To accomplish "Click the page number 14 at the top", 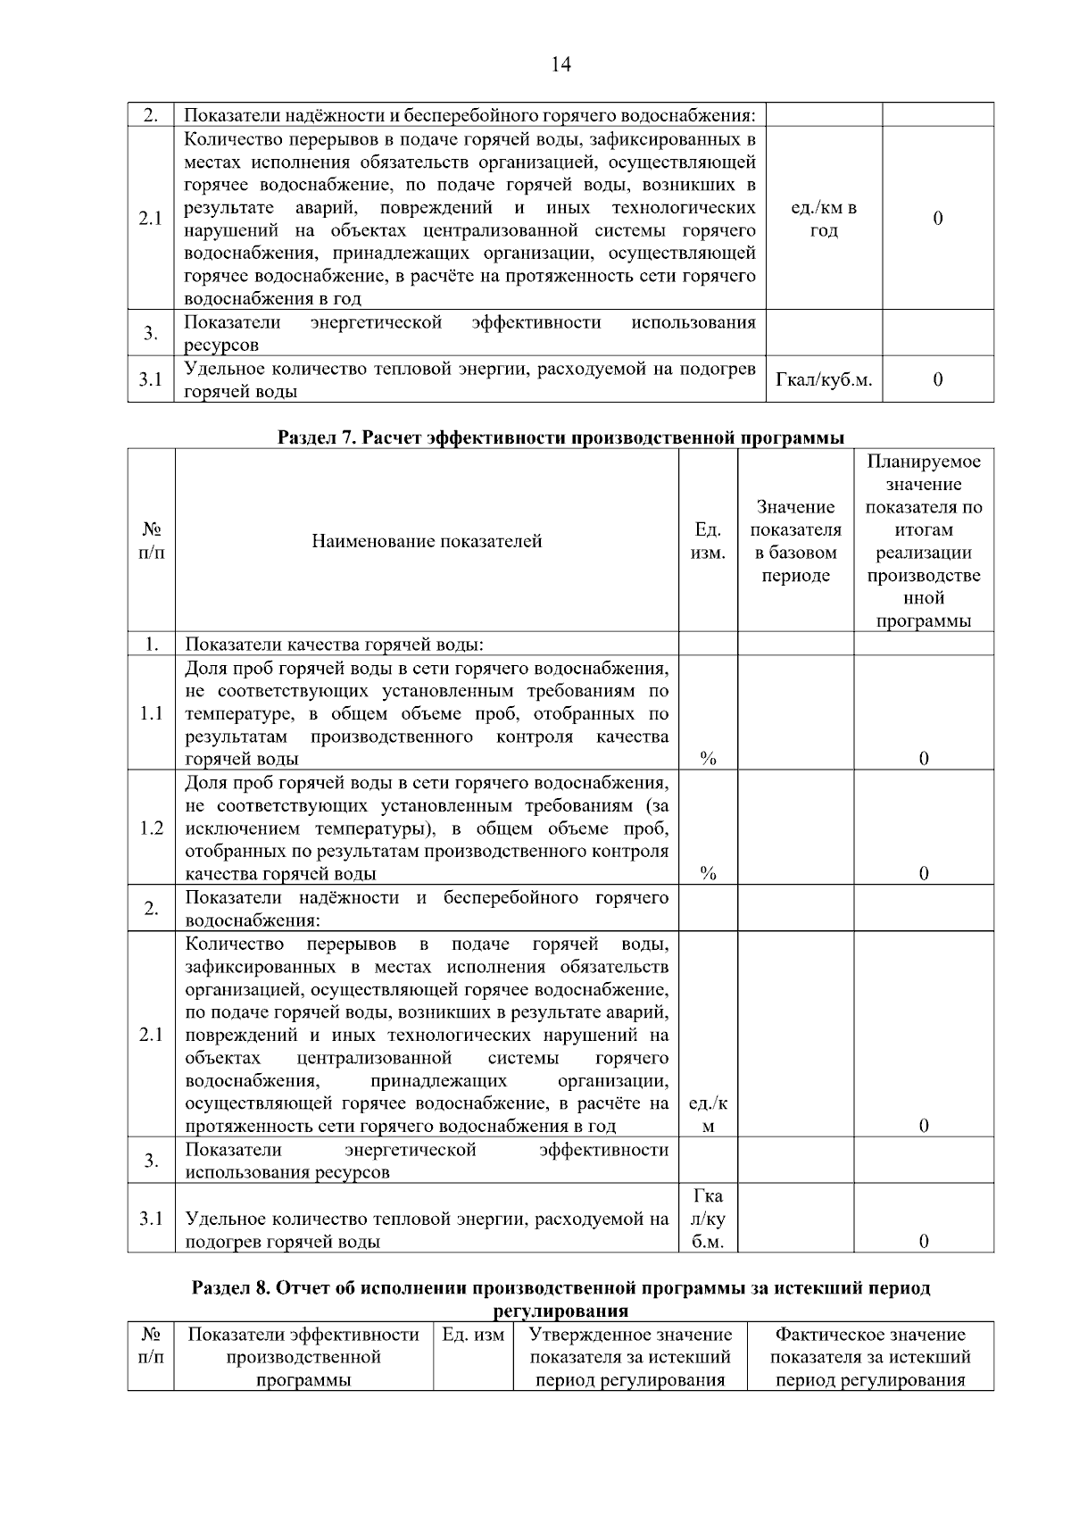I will pos(560,64).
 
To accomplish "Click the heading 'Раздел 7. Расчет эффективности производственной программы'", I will pos(560,437).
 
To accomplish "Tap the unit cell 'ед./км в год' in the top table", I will pos(824,219).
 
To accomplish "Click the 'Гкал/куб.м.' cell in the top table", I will pos(824,379).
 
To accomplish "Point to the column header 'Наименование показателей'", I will pos(427,541).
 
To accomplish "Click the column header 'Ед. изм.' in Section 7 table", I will pos(708,541).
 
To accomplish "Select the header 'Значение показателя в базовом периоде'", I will pos(795,541).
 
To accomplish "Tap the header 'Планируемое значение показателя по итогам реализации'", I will pos(923,541).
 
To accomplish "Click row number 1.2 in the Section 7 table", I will pos(152,828).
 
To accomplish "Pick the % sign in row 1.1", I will pos(708,759).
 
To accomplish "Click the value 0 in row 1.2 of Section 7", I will pos(923,873).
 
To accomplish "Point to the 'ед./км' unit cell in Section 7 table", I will pos(708,1114).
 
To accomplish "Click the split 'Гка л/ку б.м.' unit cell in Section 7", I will pos(708,1218).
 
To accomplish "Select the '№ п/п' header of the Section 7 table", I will pos(152,541).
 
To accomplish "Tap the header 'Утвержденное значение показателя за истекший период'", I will pos(630,1357).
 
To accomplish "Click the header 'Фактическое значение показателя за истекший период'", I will pos(870,1357).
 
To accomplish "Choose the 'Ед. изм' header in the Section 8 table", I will pos(473,1335).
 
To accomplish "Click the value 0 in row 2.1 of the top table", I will pos(937,219).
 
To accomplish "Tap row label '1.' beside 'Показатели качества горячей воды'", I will pos(152,644).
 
